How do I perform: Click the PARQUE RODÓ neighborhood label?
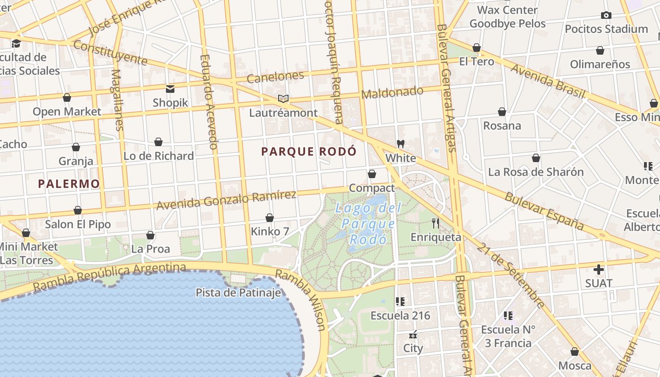point(309,151)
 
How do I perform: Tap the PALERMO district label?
point(69,184)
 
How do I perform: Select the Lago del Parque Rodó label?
point(368,223)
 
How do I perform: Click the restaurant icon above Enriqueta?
point(435,223)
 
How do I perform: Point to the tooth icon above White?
point(401,144)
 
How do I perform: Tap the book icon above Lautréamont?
point(283,98)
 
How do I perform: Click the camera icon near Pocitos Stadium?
point(606,15)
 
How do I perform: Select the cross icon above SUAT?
point(599,270)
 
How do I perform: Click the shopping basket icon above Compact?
point(371,174)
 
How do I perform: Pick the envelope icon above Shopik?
point(170,89)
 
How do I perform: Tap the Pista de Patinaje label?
point(239,293)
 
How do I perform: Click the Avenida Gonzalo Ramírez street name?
point(226,201)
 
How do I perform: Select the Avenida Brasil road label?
point(548,82)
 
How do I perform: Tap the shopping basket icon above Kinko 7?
point(270,218)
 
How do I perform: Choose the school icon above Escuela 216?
point(400,301)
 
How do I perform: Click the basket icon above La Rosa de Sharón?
point(536,158)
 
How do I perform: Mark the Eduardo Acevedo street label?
point(208,102)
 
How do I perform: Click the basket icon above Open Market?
point(67,98)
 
